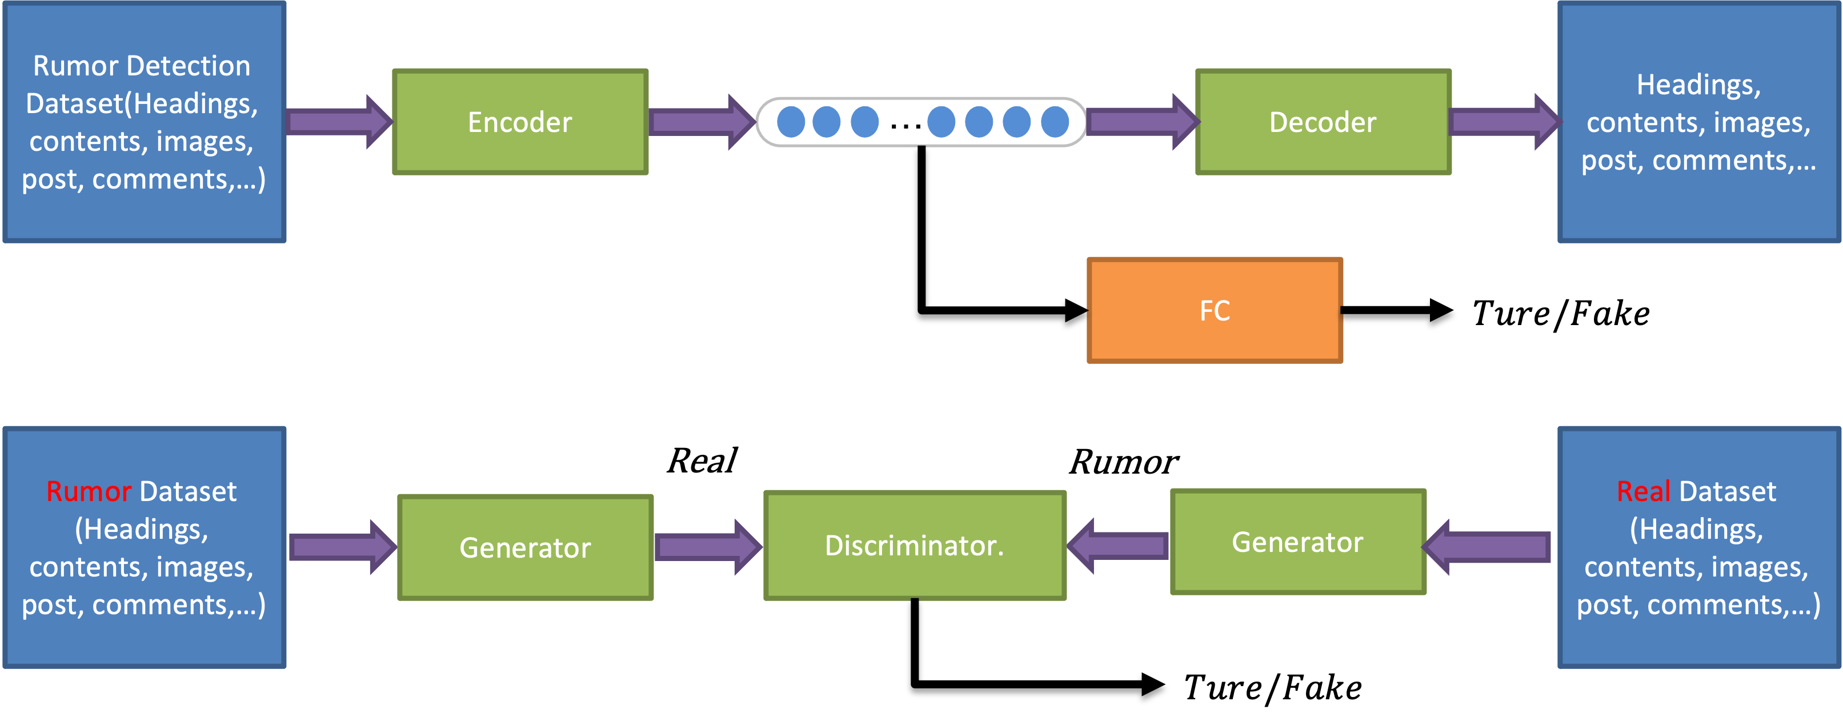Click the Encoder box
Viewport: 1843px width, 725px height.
coord(520,122)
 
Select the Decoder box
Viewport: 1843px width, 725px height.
coord(1323,122)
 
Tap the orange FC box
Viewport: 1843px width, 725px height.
coord(1214,311)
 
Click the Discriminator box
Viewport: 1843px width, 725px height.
coord(914,546)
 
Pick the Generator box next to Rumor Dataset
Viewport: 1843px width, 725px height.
coord(525,547)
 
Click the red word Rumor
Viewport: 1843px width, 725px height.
coord(89,492)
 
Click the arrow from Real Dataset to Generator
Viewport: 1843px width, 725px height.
coord(1488,547)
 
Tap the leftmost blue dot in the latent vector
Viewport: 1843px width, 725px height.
coord(791,122)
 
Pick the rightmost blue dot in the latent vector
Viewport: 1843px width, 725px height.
coord(1055,122)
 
